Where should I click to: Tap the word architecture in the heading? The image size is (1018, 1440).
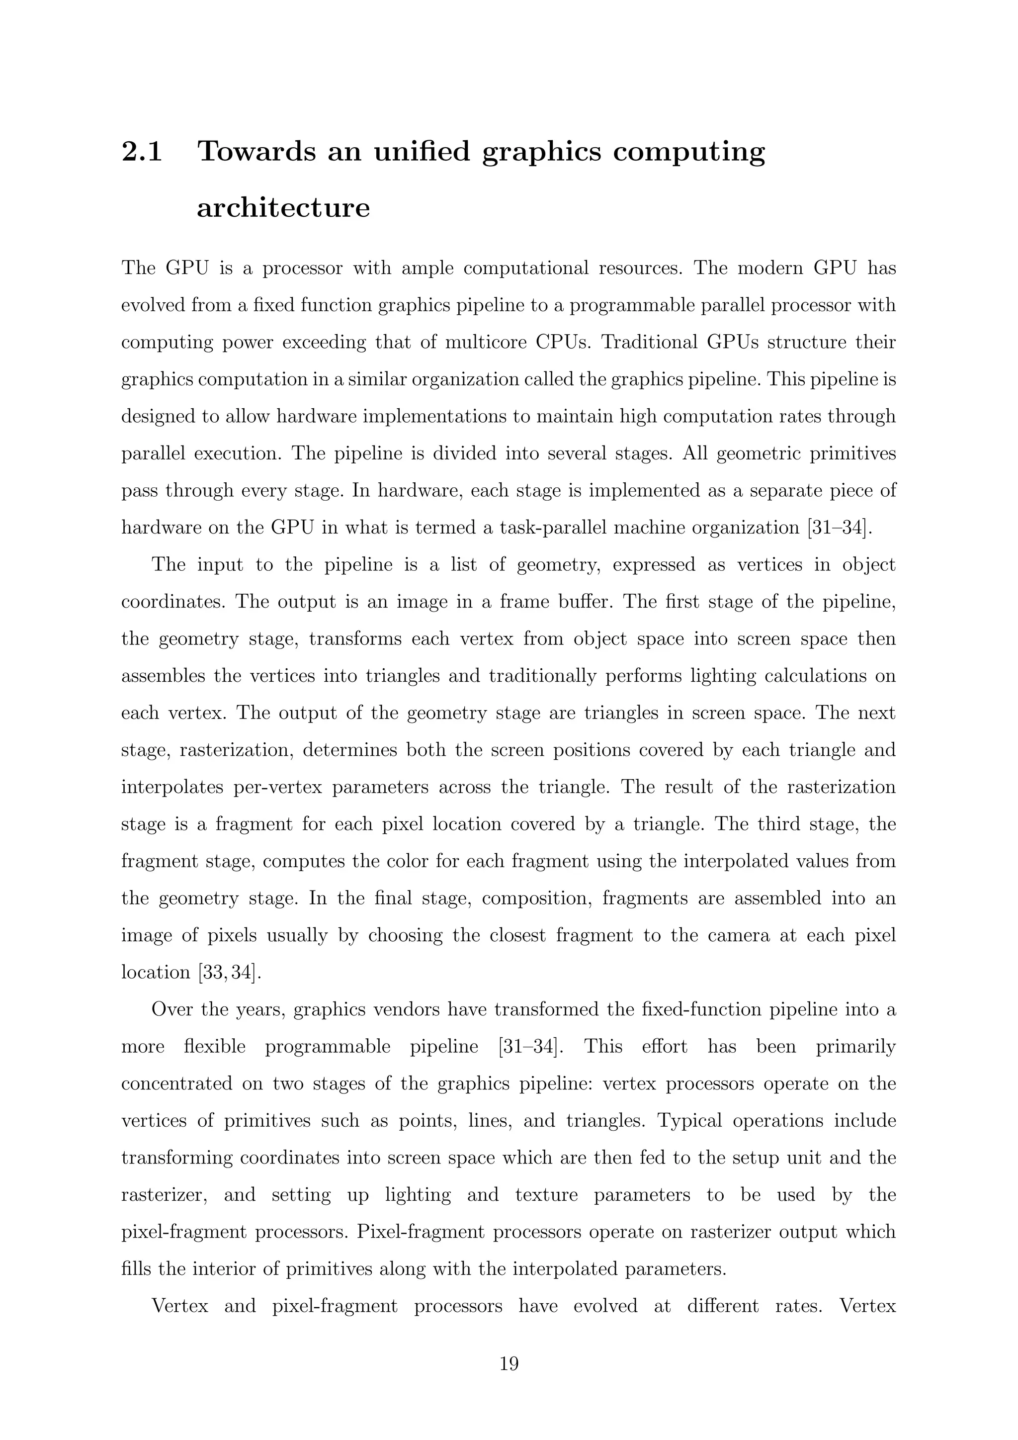283,207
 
